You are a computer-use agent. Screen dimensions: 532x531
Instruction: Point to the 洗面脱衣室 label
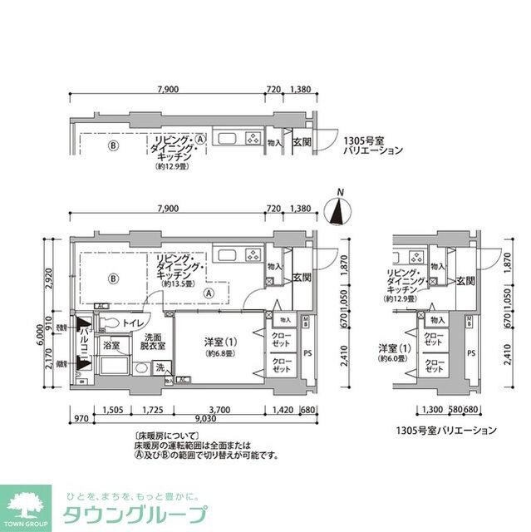pyautogui.click(x=154, y=342)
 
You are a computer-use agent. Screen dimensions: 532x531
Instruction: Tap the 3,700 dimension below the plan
pyautogui.click(x=219, y=409)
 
